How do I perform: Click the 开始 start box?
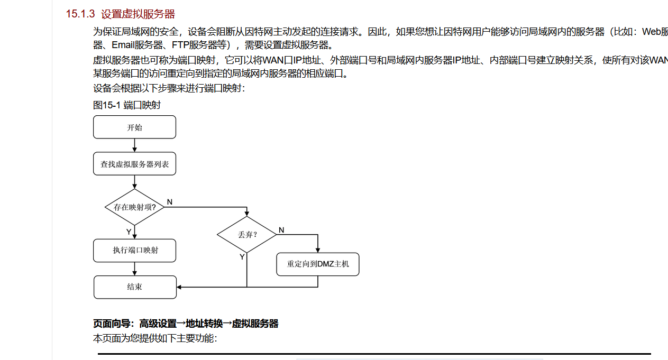click(x=134, y=127)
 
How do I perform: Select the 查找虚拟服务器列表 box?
click(x=134, y=164)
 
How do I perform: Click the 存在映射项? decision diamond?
click(x=134, y=207)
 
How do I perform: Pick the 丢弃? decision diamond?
click(x=247, y=235)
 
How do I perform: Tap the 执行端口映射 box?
click(x=134, y=251)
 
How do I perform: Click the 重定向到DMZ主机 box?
click(x=318, y=264)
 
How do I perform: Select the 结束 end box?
click(x=135, y=287)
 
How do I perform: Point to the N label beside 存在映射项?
click(x=170, y=202)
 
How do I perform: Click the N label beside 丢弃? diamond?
click(x=281, y=230)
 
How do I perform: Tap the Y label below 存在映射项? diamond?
click(x=129, y=232)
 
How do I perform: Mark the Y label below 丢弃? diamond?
click(x=242, y=257)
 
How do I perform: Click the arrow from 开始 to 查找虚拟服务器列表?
click(x=134, y=145)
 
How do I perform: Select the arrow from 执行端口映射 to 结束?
click(x=134, y=269)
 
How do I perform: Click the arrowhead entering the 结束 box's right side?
click(x=179, y=287)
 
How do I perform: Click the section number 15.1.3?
click(x=80, y=14)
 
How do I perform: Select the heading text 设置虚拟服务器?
click(x=138, y=14)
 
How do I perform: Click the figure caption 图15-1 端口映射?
click(x=127, y=105)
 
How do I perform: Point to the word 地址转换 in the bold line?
click(x=204, y=324)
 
